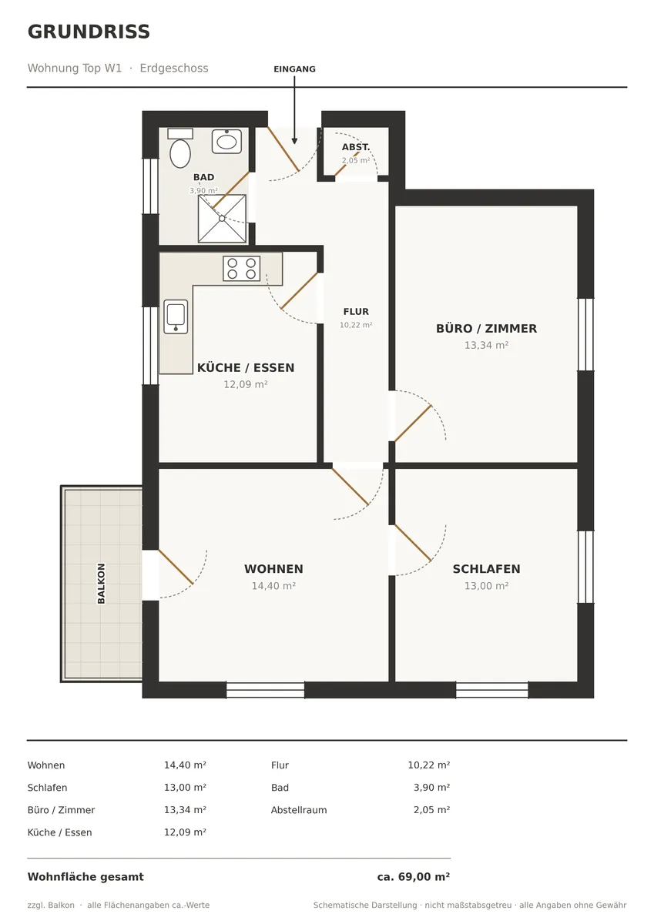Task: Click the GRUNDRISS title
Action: [89, 32]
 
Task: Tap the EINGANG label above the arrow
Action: [294, 69]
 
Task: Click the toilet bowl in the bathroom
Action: [180, 153]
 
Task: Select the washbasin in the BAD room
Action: [226, 142]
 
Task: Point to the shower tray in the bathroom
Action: [222, 219]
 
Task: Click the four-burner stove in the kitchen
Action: [241, 269]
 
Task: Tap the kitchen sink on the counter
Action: [176, 316]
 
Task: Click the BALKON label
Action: [101, 584]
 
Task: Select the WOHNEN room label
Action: [273, 569]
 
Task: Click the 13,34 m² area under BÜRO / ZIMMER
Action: [487, 345]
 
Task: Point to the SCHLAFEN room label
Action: [487, 569]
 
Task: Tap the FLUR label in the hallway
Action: [356, 311]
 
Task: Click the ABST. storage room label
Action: [356, 147]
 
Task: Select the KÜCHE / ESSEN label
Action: [246, 367]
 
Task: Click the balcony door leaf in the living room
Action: [176, 567]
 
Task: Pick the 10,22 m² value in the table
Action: [429, 765]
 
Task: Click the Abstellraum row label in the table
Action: [299, 810]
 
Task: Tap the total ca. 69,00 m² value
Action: [414, 876]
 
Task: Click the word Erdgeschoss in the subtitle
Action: [174, 68]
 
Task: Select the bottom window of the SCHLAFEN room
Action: [491, 690]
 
